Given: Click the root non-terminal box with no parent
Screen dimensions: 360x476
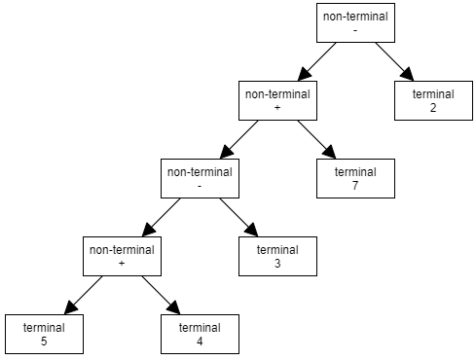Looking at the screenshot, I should (x=355, y=22).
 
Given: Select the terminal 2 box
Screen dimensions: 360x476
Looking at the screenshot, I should (x=433, y=100).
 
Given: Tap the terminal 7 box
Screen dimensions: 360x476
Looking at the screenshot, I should (x=355, y=178).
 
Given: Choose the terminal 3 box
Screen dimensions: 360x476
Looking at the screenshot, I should (x=277, y=256).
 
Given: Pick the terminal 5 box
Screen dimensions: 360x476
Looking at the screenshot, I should (x=44, y=334).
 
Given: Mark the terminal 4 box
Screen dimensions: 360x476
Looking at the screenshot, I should (x=200, y=334).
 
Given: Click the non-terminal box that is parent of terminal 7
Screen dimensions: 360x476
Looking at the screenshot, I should (x=277, y=100).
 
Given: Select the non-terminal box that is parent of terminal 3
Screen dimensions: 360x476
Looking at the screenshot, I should (x=200, y=178).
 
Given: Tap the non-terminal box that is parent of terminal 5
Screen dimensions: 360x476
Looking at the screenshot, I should (x=122, y=256).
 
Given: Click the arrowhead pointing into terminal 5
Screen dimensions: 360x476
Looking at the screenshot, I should (x=69, y=309).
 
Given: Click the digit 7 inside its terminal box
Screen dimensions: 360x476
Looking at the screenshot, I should (x=355, y=185).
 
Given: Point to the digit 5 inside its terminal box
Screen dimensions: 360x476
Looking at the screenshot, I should (x=44, y=341).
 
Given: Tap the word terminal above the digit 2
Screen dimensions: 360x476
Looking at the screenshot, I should (x=433, y=93).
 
